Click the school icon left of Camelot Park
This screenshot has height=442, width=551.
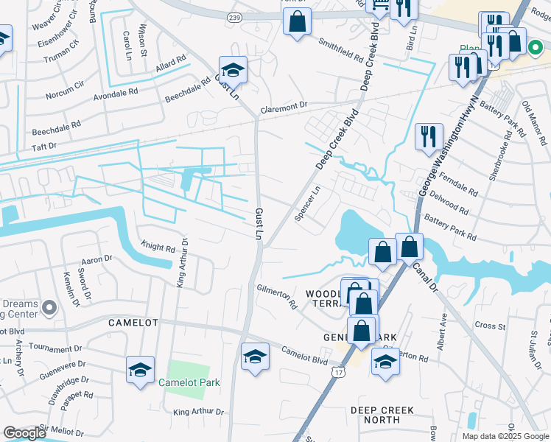(140, 370)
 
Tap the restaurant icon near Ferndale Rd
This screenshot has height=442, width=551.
(428, 138)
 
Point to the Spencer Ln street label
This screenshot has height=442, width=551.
(308, 207)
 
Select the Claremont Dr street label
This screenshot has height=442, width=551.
(282, 105)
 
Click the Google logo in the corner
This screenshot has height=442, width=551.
(24, 433)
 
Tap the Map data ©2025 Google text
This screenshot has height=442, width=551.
(505, 435)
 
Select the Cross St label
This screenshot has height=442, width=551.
(489, 325)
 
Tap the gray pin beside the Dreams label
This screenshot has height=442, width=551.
(49, 306)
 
